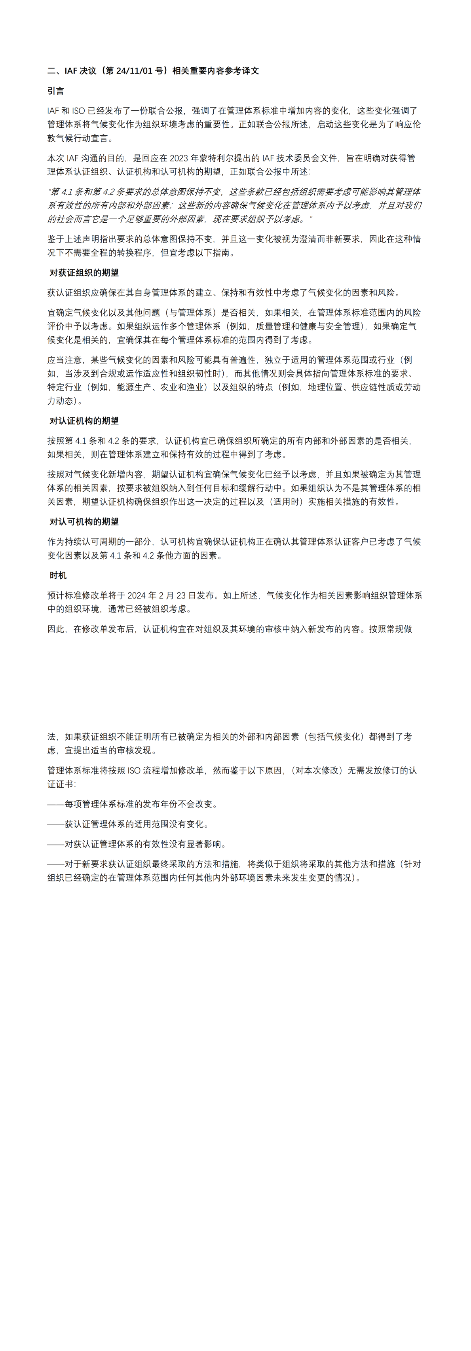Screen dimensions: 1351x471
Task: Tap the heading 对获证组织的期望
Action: pos(84,273)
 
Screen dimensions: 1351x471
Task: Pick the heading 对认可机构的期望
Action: pos(84,521)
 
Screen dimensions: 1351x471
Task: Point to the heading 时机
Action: pos(58,575)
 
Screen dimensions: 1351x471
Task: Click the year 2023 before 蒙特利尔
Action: pos(179,158)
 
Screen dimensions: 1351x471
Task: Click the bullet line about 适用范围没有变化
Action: pos(129,824)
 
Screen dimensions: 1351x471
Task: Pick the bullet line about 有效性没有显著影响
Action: pos(137,844)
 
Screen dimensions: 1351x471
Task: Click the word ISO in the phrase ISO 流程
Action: pos(134,770)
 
